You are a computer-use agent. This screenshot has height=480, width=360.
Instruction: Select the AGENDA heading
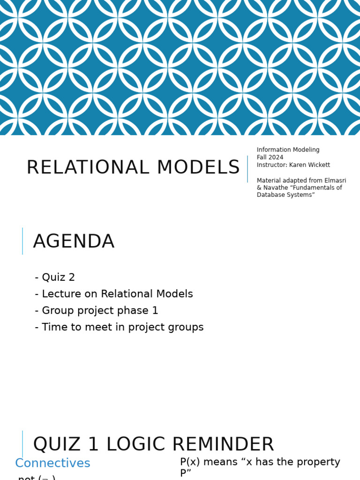pos(74,242)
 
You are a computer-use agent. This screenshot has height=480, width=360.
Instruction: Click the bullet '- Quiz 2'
pos(55,277)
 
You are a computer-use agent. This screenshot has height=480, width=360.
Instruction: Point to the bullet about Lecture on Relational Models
pos(114,294)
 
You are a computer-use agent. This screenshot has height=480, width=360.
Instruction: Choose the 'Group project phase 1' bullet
pos(97,311)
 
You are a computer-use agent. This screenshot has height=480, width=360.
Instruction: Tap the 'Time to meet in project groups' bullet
pos(119,328)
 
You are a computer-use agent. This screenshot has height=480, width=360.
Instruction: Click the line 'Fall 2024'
pos(270,157)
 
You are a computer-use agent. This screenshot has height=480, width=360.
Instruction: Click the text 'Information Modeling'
pos(288,150)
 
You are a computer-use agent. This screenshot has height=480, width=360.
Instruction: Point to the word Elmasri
pos(335,180)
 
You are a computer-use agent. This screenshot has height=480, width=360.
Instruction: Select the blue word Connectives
pos(52,464)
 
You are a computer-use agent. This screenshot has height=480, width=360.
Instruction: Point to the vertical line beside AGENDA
pos(22,241)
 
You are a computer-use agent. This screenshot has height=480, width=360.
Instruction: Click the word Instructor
pos(271,165)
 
